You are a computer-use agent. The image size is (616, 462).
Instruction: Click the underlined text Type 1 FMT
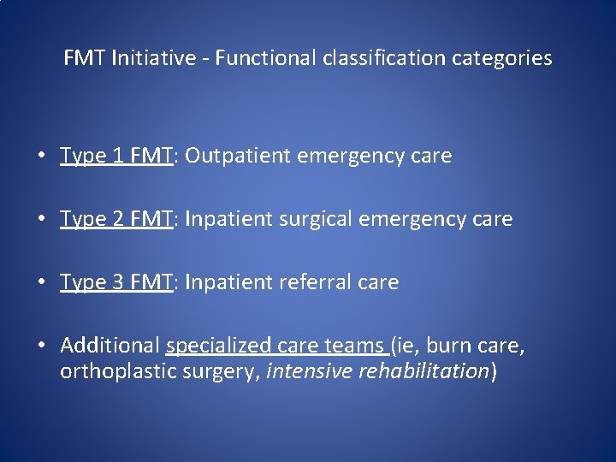pos(117,156)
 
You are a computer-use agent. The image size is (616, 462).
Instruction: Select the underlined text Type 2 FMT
pos(117,219)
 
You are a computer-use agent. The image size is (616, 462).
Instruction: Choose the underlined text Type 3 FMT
pos(117,282)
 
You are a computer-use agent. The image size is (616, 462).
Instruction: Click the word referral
pos(312,282)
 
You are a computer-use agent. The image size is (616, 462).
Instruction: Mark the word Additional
pos(110,346)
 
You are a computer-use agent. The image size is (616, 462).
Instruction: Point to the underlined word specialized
pos(219,346)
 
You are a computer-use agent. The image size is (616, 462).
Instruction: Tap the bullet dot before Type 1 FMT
pos(41,157)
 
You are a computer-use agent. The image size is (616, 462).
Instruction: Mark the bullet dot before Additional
pos(41,346)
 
